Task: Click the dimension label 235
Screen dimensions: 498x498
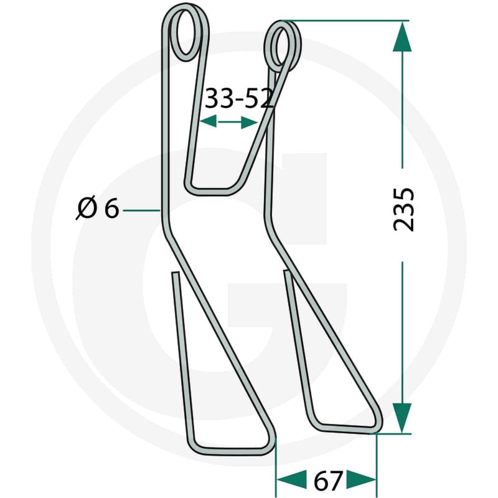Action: (x=403, y=210)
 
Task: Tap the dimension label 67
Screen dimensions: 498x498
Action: (x=328, y=481)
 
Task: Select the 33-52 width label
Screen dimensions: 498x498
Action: (x=239, y=98)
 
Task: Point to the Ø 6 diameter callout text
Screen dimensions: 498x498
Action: (x=98, y=209)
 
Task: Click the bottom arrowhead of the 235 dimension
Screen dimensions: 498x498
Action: (x=402, y=418)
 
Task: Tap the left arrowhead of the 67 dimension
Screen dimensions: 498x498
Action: (x=291, y=479)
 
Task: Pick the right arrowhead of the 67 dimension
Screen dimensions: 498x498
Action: (x=361, y=479)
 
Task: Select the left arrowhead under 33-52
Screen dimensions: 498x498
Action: (x=209, y=121)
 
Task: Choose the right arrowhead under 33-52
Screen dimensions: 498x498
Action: (x=249, y=122)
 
